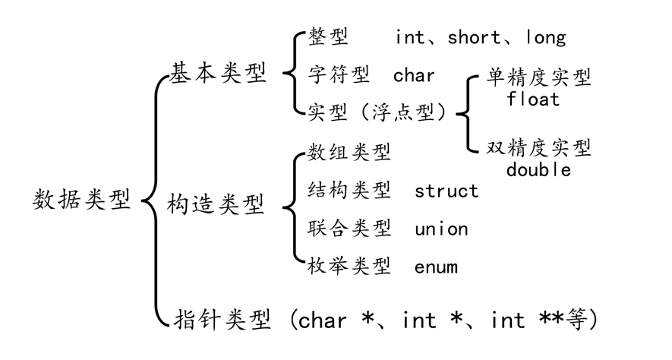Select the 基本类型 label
point(218,74)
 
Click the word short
point(475,36)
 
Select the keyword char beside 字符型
point(414,74)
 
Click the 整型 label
point(328,36)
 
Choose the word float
point(533,99)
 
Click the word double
point(538,169)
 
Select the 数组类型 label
point(349,153)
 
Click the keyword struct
point(446,190)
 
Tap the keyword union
point(441,228)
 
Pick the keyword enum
point(436,266)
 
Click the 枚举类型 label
point(349,266)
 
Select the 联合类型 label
point(349,228)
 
